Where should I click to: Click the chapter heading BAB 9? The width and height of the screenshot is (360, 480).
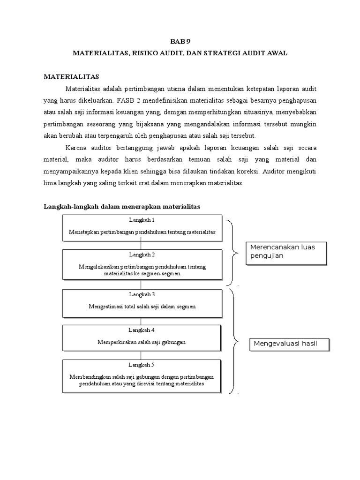pyautogui.click(x=180, y=41)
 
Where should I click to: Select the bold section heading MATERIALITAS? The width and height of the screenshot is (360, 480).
pyautogui.click(x=72, y=76)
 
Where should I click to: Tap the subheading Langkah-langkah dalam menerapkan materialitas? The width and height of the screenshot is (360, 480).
pyautogui.click(x=122, y=206)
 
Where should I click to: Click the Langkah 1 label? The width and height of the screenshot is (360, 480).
pyautogui.click(x=142, y=220)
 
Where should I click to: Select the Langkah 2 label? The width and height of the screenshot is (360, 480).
pyautogui.click(x=142, y=255)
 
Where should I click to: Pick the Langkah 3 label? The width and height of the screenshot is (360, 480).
pyautogui.click(x=142, y=294)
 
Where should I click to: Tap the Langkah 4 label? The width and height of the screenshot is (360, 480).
pyautogui.click(x=142, y=330)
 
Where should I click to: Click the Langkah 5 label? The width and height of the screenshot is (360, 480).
pyautogui.click(x=142, y=365)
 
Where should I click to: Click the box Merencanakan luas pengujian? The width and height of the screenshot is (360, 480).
pyautogui.click(x=286, y=254)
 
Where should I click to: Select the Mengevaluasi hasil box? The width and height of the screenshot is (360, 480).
pyautogui.click(x=289, y=345)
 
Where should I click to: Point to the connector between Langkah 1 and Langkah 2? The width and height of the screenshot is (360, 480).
pyautogui.click(x=142, y=245)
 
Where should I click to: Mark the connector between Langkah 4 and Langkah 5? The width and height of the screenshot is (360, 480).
pyautogui.click(x=142, y=355)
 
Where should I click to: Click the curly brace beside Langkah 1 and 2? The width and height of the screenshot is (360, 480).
pyautogui.click(x=232, y=253)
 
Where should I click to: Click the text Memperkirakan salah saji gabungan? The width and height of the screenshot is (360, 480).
pyautogui.click(x=142, y=342)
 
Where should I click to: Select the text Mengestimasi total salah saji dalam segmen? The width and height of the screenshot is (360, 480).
pyautogui.click(x=142, y=307)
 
